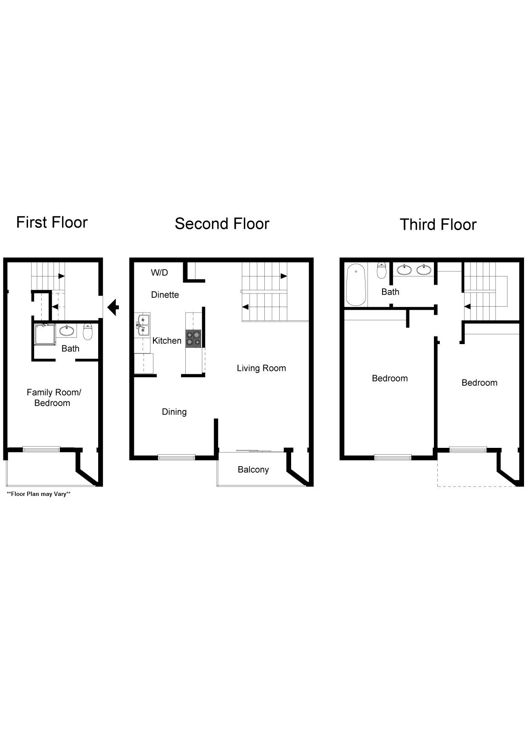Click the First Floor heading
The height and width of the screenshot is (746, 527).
click(52, 222)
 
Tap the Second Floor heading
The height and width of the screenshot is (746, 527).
click(222, 224)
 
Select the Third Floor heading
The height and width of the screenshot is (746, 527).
click(438, 225)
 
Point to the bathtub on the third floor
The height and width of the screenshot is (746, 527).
click(356, 285)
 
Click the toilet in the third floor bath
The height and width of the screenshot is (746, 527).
click(382, 270)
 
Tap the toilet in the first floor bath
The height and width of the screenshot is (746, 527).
click(88, 332)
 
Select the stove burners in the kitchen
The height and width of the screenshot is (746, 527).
click(193, 339)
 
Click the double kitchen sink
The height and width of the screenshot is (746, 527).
click(143, 325)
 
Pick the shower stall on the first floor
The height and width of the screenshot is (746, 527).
click(45, 334)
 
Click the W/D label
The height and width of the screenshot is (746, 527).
click(159, 273)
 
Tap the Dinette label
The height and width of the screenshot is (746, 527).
click(165, 295)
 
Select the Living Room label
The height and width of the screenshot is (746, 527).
click(261, 368)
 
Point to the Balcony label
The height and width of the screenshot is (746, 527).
click(253, 470)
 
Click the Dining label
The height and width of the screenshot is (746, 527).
click(174, 412)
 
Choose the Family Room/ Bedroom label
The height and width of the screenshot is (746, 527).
click(53, 398)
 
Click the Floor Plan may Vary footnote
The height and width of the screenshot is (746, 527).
click(39, 494)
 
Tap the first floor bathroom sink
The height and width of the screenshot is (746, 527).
click(66, 330)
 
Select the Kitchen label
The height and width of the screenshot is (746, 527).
click(167, 341)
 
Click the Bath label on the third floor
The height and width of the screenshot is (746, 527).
click(390, 292)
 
